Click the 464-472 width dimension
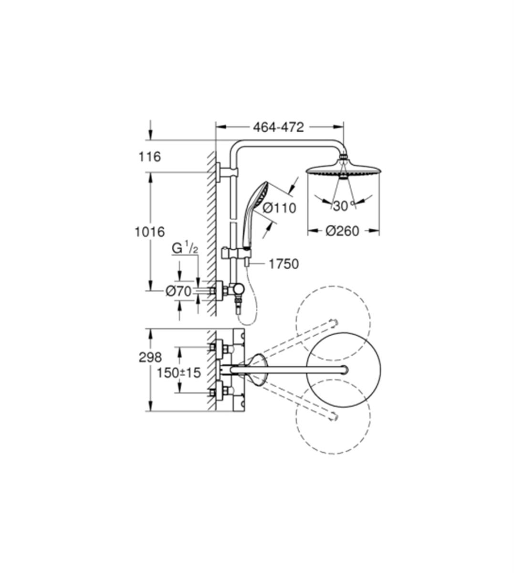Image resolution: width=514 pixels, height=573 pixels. [x=278, y=127]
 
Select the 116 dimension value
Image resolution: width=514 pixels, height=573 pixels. [x=149, y=157]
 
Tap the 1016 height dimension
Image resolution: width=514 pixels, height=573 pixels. [x=149, y=232]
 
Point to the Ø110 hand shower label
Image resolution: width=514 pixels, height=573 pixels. [x=279, y=209]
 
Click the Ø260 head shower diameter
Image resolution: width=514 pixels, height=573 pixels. [x=342, y=231]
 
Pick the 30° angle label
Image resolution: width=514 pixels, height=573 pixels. [x=344, y=206]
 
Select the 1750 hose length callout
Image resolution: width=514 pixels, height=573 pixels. [x=283, y=264]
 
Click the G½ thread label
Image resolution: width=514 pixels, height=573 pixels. [x=185, y=249]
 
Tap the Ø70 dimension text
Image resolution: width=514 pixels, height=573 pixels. [x=178, y=291]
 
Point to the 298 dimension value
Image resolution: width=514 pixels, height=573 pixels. [x=150, y=358]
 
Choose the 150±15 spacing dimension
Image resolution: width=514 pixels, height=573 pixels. [x=178, y=373]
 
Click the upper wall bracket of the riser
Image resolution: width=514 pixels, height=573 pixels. [x=227, y=172]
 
